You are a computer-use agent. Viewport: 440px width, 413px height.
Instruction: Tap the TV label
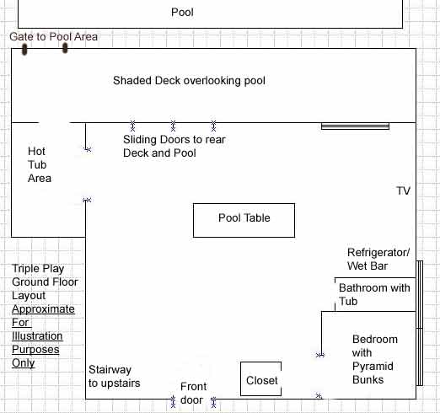(403, 191)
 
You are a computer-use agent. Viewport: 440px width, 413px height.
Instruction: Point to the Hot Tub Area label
(40, 164)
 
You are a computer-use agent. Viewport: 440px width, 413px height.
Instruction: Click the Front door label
(193, 394)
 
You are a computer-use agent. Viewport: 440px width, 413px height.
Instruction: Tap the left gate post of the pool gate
(24, 49)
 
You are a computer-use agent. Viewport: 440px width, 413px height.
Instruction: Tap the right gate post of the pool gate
(65, 48)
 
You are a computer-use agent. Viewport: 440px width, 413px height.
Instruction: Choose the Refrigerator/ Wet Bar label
(378, 259)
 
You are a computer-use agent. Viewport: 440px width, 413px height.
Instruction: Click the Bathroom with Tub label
(374, 294)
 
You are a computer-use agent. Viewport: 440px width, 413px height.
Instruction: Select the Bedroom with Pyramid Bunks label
(375, 359)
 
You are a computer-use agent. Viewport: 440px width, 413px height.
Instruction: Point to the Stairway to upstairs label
(114, 377)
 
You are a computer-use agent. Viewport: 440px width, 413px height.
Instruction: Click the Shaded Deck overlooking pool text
(189, 81)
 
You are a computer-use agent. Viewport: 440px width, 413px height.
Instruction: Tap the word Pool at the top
(182, 13)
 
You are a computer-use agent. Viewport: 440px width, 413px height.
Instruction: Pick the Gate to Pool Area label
(53, 37)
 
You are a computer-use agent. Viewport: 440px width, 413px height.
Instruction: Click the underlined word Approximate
(43, 309)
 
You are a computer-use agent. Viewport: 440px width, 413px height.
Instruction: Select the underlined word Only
(24, 363)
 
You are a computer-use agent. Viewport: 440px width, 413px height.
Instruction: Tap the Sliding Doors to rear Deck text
(174, 146)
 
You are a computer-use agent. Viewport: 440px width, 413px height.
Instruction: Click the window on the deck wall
(355, 126)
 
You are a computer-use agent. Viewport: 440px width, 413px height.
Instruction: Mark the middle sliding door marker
(173, 126)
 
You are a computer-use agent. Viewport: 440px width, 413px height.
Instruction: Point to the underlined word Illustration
(37, 336)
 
